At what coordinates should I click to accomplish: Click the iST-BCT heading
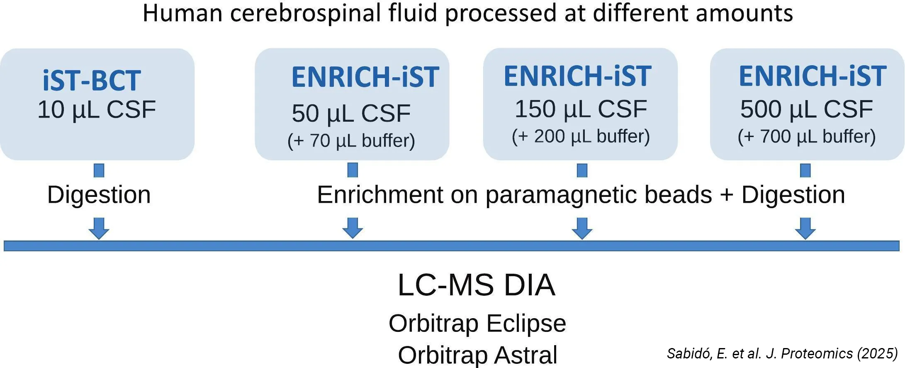click(x=92, y=80)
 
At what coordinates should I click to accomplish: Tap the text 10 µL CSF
click(x=97, y=110)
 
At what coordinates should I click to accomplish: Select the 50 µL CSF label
click(x=351, y=113)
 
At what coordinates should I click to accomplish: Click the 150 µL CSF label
click(x=581, y=109)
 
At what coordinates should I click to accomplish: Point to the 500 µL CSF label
click(x=806, y=109)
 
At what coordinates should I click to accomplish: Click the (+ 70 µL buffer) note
click(x=351, y=140)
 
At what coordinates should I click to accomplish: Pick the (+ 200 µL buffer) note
click(x=581, y=136)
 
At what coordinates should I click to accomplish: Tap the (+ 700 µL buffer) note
click(x=806, y=137)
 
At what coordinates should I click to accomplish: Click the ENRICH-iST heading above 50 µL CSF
click(x=365, y=77)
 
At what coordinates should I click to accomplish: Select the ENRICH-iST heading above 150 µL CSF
click(x=577, y=76)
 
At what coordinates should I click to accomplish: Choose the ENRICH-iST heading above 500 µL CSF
click(x=812, y=76)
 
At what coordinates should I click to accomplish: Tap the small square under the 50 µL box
click(x=353, y=170)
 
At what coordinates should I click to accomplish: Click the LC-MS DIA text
click(x=476, y=285)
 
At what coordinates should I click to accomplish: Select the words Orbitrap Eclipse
click(x=477, y=323)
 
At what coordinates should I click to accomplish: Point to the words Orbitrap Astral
click(x=477, y=355)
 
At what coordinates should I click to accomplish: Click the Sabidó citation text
click(x=782, y=353)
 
